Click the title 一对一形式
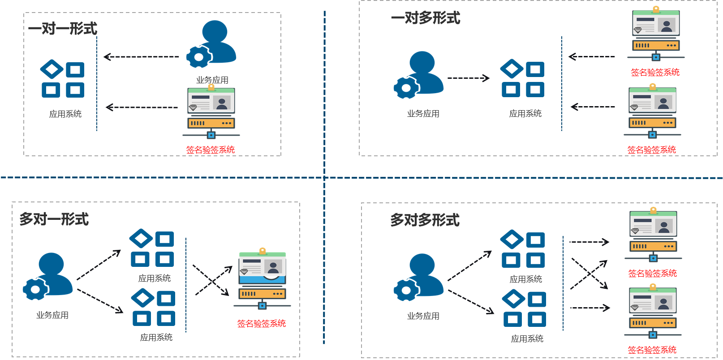pyautogui.click(x=63, y=29)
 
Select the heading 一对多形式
pyautogui.click(x=426, y=18)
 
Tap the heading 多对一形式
pyautogui.click(x=54, y=219)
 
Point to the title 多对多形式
pyautogui.click(x=425, y=220)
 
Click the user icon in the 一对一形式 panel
pyautogui.click(x=211, y=44)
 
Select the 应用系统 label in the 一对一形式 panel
pyautogui.click(x=65, y=114)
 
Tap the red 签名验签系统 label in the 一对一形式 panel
pyautogui.click(x=211, y=150)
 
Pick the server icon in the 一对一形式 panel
pyautogui.click(x=211, y=111)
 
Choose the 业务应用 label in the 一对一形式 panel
pyautogui.click(x=212, y=80)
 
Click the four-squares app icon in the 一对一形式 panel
pyautogui.click(x=63, y=79)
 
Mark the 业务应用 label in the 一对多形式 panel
pyautogui.click(x=423, y=114)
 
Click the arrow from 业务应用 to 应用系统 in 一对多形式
pyautogui.click(x=469, y=78)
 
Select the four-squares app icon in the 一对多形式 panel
pyautogui.click(x=523, y=78)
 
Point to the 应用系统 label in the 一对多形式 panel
pyautogui.click(x=525, y=114)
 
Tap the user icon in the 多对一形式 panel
pyautogui.click(x=48, y=276)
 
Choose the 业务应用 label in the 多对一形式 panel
pyautogui.click(x=52, y=315)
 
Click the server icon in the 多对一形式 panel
pyautogui.click(x=263, y=279)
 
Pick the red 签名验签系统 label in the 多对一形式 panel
pyautogui.click(x=262, y=323)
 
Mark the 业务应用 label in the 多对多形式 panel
pyautogui.click(x=423, y=316)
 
